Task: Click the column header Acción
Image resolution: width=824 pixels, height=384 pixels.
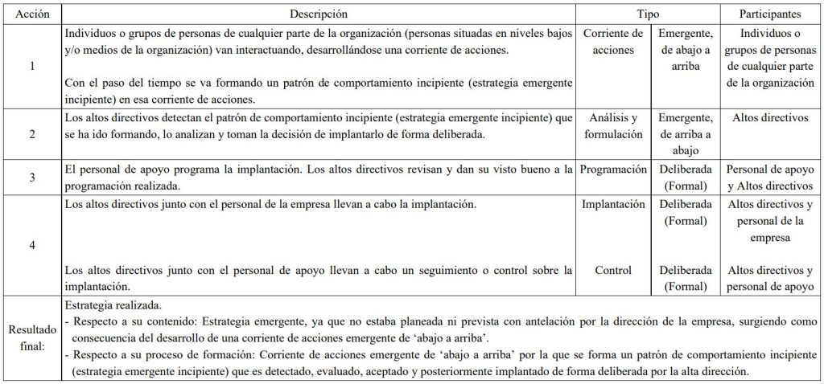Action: click(31, 14)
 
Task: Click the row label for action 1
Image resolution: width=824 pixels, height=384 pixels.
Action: click(31, 67)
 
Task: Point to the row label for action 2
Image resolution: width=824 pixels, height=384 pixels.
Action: click(31, 134)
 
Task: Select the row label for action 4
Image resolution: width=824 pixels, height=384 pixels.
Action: click(31, 245)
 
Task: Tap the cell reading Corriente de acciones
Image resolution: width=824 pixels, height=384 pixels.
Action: click(613, 43)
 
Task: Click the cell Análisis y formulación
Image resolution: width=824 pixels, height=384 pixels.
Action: click(613, 126)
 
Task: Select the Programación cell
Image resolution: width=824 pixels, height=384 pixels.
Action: click(613, 170)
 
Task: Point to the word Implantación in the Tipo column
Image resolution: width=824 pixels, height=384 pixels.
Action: click(613, 205)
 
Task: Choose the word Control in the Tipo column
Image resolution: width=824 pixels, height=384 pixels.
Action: click(613, 270)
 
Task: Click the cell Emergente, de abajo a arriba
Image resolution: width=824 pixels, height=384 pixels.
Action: click(685, 51)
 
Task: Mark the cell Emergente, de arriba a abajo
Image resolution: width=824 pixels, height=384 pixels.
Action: click(685, 134)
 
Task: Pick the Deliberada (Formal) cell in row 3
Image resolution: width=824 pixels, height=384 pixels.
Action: click(685, 178)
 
